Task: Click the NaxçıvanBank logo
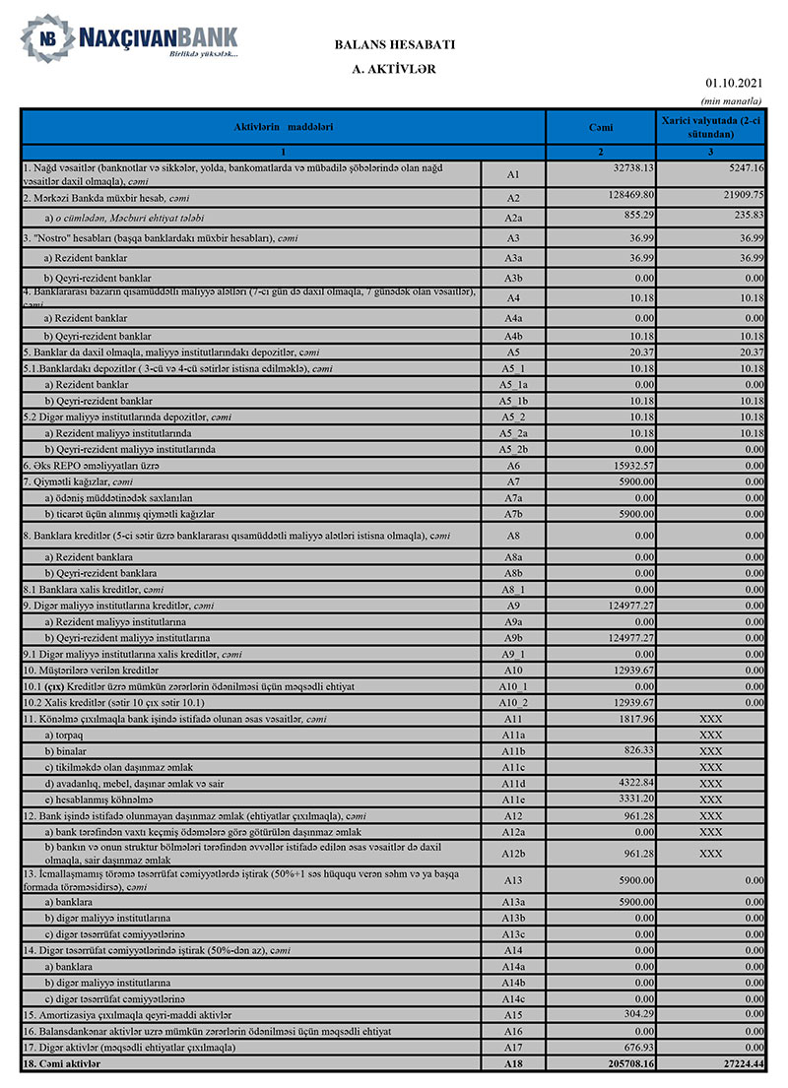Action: (x=129, y=39)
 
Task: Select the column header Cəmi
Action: (x=601, y=127)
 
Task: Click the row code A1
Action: (x=512, y=174)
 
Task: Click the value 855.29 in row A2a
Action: (x=641, y=216)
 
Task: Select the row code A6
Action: (x=512, y=465)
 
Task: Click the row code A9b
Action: (x=512, y=637)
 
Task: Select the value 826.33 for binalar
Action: (x=641, y=750)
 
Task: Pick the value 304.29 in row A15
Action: (x=641, y=1013)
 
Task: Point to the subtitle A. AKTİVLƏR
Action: (x=394, y=70)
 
